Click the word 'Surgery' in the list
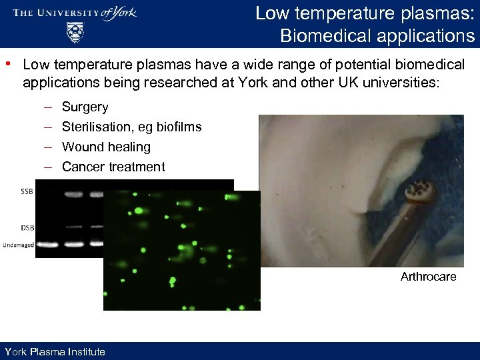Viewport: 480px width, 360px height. [x=85, y=107]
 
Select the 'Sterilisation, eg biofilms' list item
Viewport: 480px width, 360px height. [x=131, y=127]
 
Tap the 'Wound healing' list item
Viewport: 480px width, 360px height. [x=106, y=147]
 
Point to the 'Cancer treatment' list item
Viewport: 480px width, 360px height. [x=113, y=167]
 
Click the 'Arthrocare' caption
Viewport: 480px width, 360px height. [x=428, y=277]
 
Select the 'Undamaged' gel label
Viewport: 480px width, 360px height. [x=18, y=245]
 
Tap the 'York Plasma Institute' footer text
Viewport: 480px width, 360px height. [x=55, y=351]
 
